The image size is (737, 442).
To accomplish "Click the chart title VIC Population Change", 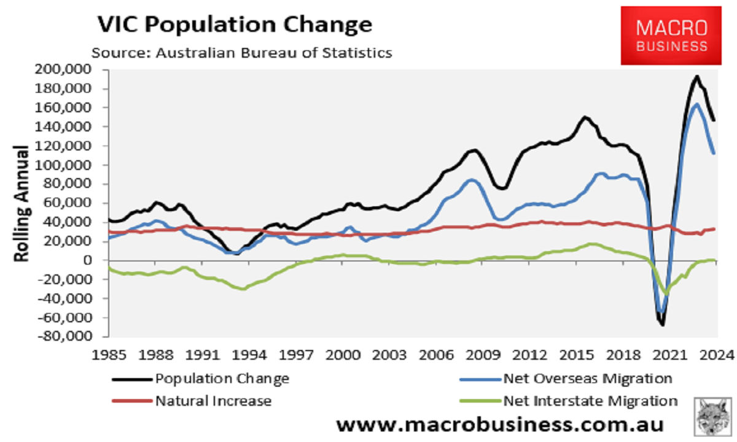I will click(x=235, y=24).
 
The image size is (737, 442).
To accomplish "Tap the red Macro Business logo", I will click(x=671, y=36).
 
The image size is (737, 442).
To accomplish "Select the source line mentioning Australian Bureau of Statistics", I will click(x=241, y=52).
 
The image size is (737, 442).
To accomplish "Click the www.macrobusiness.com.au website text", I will click(x=500, y=425).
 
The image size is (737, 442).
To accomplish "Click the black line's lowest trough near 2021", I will click(x=663, y=325).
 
